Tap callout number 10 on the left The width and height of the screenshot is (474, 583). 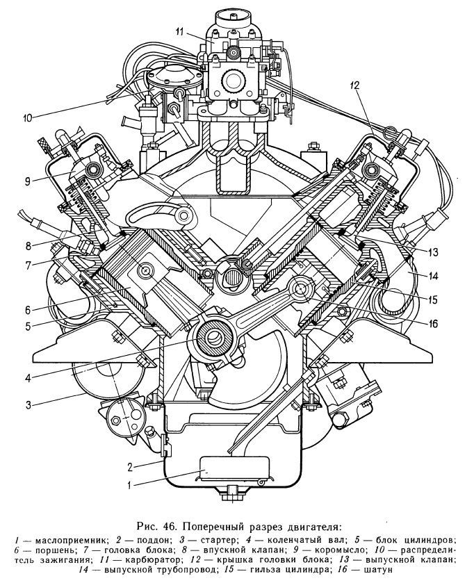pyautogui.click(x=26, y=117)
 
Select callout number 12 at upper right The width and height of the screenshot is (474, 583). pyautogui.click(x=354, y=86)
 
